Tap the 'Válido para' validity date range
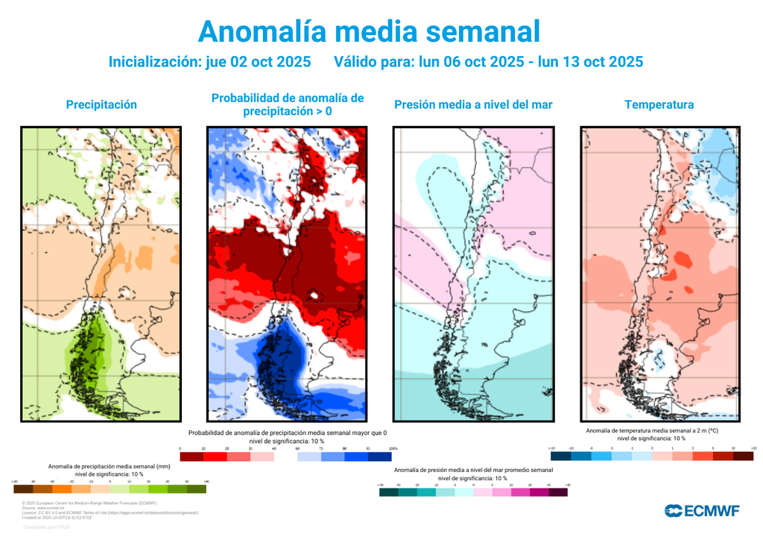click(x=488, y=62)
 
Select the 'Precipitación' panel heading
click(x=101, y=104)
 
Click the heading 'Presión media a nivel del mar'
click(x=473, y=104)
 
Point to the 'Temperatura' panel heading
click(x=659, y=104)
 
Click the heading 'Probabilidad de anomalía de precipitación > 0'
click(x=287, y=104)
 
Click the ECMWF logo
click(x=701, y=511)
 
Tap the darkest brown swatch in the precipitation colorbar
click(x=23, y=489)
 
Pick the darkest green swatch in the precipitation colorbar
click(x=197, y=489)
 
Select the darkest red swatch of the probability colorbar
click(x=192, y=456)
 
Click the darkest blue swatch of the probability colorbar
click(x=380, y=456)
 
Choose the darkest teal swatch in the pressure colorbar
click(x=388, y=492)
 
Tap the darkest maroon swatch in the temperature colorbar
click(x=743, y=456)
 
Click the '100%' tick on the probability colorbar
click(x=393, y=448)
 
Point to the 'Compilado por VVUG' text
click(x=46, y=527)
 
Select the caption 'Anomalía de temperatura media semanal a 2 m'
click(x=652, y=431)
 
